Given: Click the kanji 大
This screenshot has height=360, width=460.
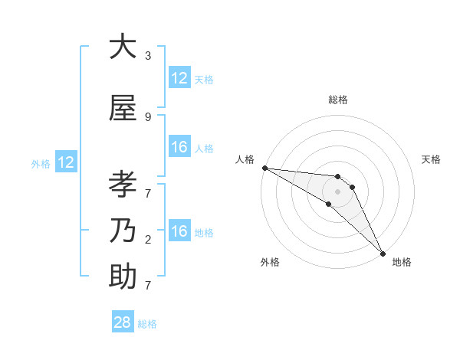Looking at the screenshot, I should [123, 47].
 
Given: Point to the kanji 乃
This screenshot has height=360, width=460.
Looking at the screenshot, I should [123, 231].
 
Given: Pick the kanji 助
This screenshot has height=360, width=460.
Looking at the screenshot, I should [123, 277].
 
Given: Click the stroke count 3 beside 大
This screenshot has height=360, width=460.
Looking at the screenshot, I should [148, 56].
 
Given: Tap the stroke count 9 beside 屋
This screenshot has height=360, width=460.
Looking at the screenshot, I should [148, 117].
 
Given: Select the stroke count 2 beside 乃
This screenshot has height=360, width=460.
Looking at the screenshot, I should [148, 240].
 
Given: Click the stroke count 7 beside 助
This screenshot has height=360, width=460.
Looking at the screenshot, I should [148, 286].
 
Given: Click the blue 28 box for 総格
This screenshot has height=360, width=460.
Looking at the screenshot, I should [123, 322].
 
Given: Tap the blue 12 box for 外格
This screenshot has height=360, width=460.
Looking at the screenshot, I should [66, 162].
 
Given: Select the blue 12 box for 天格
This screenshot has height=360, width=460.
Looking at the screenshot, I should [179, 78].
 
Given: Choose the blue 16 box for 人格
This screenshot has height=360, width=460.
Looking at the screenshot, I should [179, 147].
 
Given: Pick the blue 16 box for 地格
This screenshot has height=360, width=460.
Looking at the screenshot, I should [179, 231].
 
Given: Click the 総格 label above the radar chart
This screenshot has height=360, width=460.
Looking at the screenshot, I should [338, 100].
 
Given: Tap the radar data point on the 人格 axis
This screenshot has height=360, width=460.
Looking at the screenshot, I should [264, 168].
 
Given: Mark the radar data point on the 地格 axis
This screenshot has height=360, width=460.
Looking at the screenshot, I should [382, 253].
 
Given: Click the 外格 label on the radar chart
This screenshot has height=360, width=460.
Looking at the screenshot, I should [270, 262].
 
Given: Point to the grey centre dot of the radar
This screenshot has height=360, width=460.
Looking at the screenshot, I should [338, 191].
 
